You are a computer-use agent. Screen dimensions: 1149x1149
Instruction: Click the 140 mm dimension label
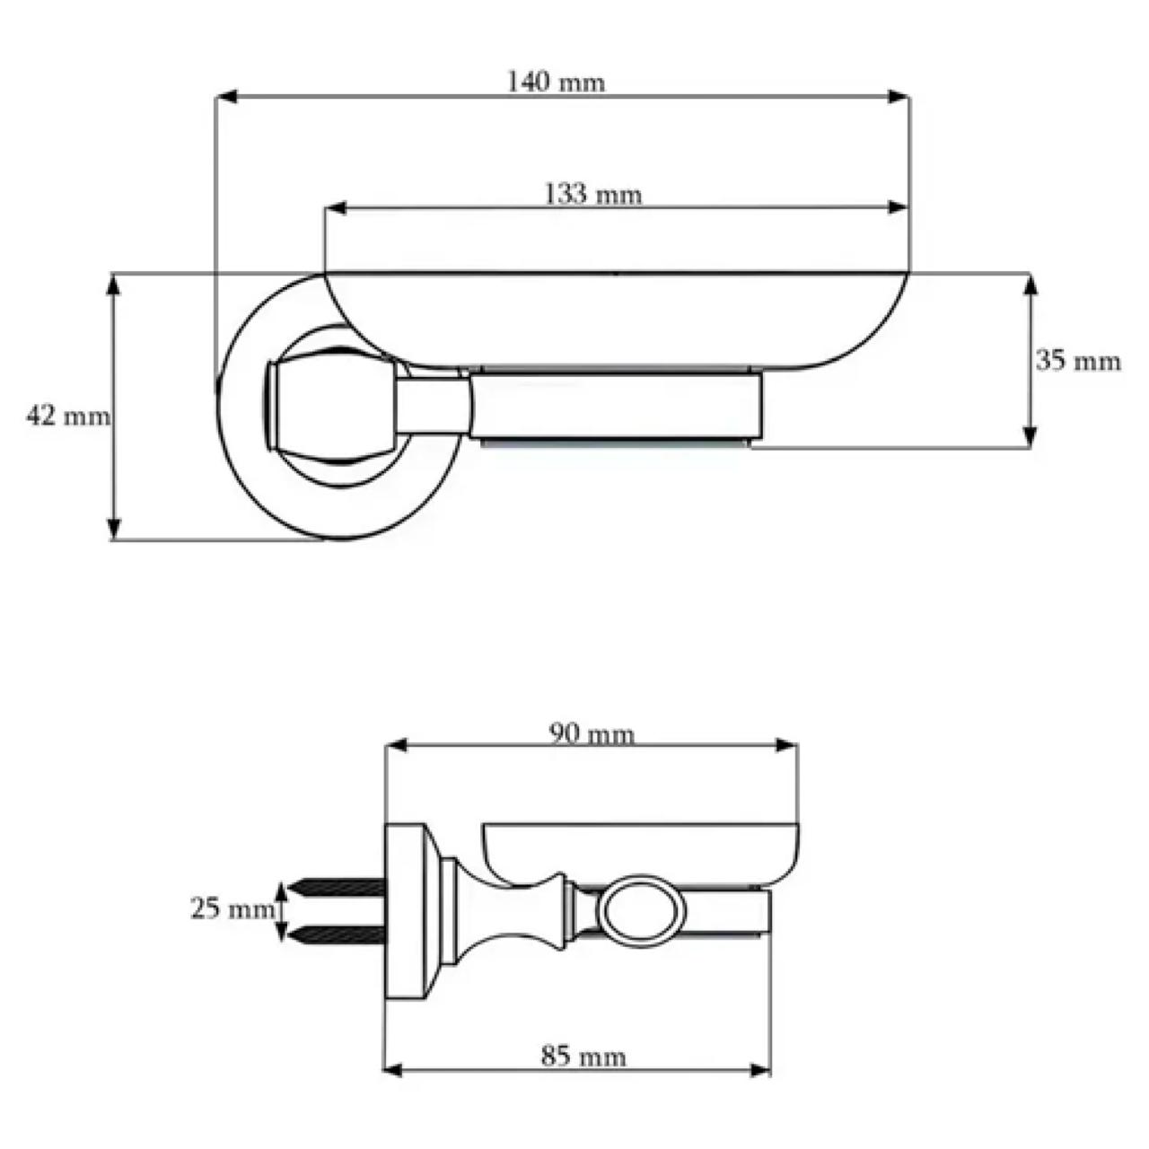[556, 82]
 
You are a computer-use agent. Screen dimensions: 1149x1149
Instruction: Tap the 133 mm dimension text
[593, 195]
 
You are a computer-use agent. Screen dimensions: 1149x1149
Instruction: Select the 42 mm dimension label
[68, 416]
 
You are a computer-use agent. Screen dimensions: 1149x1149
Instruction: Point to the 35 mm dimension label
[1078, 361]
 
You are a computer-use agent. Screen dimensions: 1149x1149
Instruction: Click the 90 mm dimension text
[592, 734]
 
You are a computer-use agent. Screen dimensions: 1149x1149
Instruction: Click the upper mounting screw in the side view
[337, 889]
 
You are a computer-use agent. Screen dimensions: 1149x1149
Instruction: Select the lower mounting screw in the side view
[337, 935]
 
